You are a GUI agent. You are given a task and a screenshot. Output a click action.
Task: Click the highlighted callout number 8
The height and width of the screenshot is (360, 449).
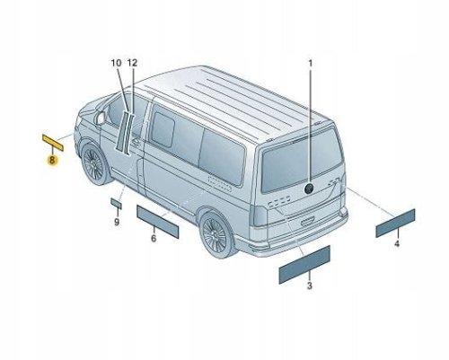pos(52,161)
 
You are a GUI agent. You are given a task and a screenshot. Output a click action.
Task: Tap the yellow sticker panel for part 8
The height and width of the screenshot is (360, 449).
pos(53,143)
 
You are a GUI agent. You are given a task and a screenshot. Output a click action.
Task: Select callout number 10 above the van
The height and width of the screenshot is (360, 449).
pos(116,63)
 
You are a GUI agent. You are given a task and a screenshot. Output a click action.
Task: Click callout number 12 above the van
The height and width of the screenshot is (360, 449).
pos(132,63)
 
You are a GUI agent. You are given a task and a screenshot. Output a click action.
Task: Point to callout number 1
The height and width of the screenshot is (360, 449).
pos(311,64)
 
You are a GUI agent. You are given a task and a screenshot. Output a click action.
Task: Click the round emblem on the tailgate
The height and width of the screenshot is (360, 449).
pos(309,189)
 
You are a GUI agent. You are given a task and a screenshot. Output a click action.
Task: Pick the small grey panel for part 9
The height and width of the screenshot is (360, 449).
pos(116,203)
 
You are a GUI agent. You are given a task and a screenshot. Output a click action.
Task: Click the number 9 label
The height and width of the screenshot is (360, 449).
pos(117,222)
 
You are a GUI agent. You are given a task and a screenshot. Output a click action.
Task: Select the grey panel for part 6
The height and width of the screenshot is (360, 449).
pos(157,222)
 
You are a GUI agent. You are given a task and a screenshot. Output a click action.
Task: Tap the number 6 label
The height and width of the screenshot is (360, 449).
pos(154,239)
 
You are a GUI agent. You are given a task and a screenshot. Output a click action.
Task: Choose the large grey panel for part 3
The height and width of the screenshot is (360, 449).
pos(304,265)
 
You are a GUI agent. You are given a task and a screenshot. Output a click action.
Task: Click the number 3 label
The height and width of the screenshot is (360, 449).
pos(310,285)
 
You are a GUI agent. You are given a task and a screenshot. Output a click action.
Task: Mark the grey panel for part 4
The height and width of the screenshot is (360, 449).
pos(395,224)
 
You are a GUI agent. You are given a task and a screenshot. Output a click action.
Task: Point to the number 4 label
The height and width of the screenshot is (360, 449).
pos(397,243)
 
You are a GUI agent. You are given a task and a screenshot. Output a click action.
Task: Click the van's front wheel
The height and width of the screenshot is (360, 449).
pos(93,163)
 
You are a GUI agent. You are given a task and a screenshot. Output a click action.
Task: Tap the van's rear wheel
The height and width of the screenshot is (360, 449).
pos(216,234)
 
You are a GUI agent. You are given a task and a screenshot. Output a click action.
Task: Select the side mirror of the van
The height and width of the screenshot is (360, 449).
pos(100,119)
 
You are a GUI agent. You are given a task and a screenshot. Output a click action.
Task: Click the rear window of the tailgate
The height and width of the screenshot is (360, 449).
pos(302,161)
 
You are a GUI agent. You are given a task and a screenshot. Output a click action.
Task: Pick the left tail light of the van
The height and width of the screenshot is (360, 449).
pos(260,216)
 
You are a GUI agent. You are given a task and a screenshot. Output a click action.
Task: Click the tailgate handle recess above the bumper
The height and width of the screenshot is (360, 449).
pos(307,222)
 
